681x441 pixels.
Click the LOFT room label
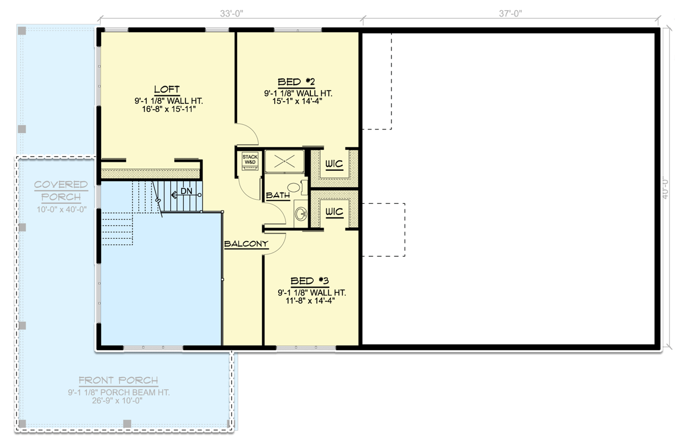(x=166, y=89)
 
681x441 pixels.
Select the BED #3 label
(x=310, y=280)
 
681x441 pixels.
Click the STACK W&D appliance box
(x=250, y=159)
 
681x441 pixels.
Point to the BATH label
(x=279, y=195)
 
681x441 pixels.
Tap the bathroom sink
(x=301, y=214)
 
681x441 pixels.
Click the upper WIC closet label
(x=334, y=164)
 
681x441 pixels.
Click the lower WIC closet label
(x=334, y=212)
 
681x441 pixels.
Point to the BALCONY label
(x=246, y=243)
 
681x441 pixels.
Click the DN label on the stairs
(x=186, y=192)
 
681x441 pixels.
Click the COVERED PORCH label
(x=61, y=191)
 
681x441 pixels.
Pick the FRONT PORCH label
(x=118, y=380)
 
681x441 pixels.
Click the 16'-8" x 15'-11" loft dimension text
(x=166, y=110)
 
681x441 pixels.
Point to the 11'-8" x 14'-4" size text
(x=311, y=301)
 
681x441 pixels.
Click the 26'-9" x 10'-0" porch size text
(x=118, y=401)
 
